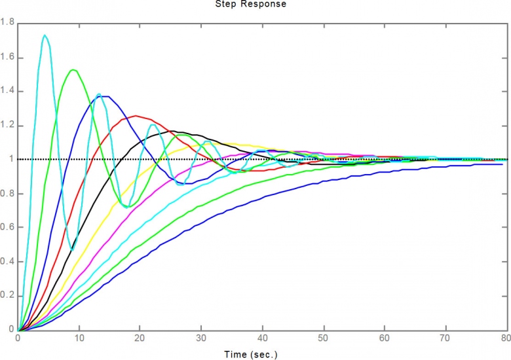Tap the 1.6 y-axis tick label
point(8,58)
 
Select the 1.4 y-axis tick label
point(8,92)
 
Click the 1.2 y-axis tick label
point(8,126)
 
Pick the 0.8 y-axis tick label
point(8,194)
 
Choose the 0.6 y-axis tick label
point(8,228)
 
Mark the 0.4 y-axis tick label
point(8,262)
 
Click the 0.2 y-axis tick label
point(8,296)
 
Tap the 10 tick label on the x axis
point(79,338)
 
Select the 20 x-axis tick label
point(140,338)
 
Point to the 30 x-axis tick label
point(201,338)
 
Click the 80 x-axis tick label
point(505,338)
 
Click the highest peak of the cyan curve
point(45,35)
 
